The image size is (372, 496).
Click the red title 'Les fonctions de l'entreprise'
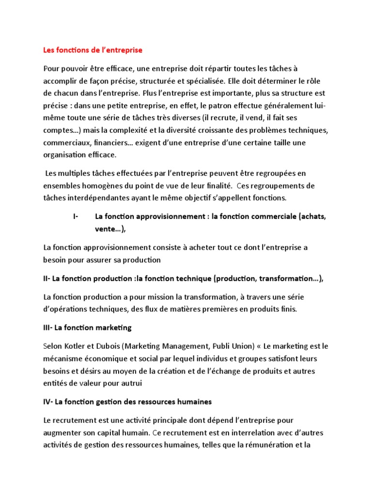click(x=93, y=50)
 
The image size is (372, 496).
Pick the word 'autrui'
click(x=141, y=384)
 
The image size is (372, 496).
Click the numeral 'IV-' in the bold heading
click(x=49, y=402)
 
